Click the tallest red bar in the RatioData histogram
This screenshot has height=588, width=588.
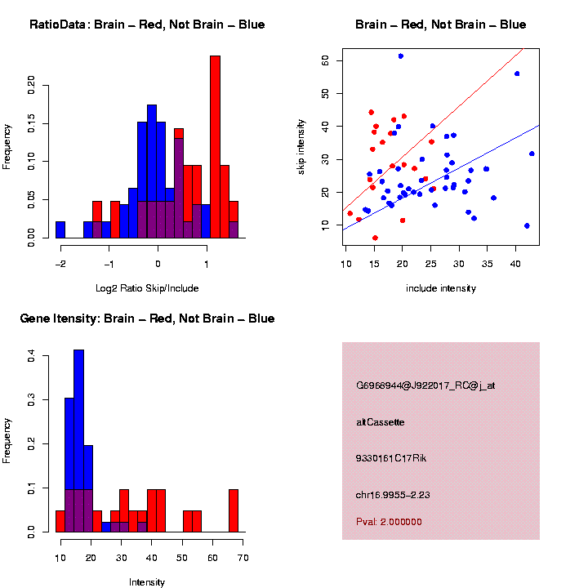215,147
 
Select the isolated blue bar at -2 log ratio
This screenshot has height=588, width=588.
60,229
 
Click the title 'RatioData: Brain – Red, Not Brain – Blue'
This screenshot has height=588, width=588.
147,24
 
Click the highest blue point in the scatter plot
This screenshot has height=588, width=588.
401,56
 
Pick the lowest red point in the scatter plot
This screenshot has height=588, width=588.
375,238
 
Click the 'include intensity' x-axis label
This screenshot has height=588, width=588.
441,287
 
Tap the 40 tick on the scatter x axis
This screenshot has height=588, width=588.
515,263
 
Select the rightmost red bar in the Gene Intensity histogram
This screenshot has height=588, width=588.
234,510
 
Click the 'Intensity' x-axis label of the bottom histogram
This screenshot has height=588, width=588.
147,582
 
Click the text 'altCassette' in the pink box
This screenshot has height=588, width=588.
381,422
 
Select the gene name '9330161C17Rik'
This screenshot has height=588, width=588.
391,458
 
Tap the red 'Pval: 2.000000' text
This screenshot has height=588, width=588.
389,522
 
